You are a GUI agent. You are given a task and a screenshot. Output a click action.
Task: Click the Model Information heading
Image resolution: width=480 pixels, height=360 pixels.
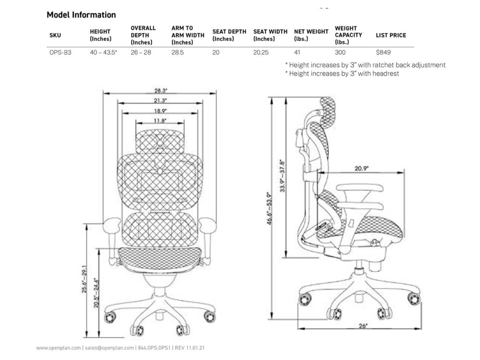81,15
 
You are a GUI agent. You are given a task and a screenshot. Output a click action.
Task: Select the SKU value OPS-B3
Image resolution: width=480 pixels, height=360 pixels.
60,52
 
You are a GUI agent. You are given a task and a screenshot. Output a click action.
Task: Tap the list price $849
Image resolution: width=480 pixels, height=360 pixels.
383,52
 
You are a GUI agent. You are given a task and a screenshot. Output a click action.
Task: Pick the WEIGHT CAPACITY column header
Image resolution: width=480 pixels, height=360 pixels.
348,35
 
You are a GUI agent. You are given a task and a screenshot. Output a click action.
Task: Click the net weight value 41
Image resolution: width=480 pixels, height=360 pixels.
297,52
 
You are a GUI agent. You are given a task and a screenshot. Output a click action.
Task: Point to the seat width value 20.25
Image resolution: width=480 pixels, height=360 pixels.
261,52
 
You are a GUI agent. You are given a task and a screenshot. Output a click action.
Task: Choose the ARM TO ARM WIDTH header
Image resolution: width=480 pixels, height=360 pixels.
188,35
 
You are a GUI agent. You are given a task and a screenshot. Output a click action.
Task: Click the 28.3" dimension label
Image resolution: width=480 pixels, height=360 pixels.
161,91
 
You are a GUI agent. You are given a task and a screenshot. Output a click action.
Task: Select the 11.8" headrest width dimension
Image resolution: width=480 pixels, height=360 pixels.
160,121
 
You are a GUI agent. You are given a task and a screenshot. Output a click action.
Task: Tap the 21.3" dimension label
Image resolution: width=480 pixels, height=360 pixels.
160,101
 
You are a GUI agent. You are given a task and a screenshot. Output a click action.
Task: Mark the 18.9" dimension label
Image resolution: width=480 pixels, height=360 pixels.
160,111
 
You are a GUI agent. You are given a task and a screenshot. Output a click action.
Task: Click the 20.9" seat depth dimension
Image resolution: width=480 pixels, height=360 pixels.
361,168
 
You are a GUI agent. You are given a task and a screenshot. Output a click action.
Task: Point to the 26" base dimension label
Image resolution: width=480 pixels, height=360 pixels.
363,326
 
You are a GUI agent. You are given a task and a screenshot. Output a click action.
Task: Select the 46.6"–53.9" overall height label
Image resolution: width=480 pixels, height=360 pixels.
269,208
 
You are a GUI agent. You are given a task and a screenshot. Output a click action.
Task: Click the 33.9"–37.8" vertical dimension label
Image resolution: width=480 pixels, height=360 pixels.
283,176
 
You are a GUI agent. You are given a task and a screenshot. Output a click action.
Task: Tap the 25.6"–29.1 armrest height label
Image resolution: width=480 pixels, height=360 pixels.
84,279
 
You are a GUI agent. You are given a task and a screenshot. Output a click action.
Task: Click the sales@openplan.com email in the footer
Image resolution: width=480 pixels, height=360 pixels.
109,348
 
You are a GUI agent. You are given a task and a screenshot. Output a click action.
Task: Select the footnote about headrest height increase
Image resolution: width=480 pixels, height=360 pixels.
342,73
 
